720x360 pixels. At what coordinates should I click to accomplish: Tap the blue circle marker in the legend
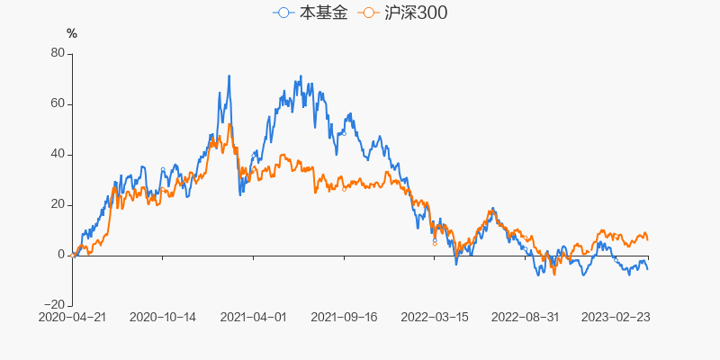tap(285, 13)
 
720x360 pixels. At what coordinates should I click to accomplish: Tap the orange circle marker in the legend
tap(368, 13)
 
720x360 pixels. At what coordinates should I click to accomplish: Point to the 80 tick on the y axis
tap(58, 53)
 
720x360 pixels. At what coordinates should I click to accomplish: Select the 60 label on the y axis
tap(58, 103)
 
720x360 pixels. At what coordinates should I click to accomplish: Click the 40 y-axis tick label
tap(58, 154)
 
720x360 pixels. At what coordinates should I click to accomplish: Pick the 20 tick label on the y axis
tap(58, 204)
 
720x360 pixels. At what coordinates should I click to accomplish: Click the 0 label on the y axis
tap(62, 255)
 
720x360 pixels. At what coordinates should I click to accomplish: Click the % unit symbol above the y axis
tap(72, 34)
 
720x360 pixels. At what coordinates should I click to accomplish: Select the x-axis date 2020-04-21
tap(72, 317)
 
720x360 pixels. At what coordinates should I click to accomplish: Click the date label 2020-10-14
tap(163, 317)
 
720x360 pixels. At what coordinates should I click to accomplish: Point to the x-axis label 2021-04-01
tap(253, 317)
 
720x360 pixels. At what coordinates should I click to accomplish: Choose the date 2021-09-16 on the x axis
tap(344, 317)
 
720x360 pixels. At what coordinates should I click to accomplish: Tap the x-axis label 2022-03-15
tap(434, 317)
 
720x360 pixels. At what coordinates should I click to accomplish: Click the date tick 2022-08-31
tap(525, 317)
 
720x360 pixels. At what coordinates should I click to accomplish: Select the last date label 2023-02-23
tap(615, 317)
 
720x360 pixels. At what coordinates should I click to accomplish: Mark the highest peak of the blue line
tap(229, 76)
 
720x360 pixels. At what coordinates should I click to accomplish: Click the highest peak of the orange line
tap(230, 124)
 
